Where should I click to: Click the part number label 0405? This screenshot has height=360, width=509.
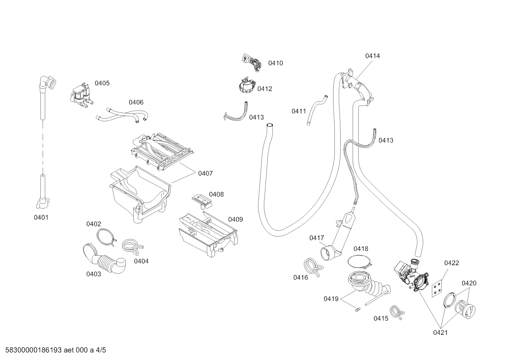pyautogui.click(x=102, y=83)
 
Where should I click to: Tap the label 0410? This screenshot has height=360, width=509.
pyautogui.click(x=275, y=63)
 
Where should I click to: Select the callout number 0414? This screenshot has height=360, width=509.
pyautogui.click(x=372, y=56)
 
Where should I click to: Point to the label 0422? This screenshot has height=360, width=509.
pyautogui.click(x=451, y=263)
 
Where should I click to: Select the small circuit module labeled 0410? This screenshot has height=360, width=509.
pyautogui.click(x=251, y=62)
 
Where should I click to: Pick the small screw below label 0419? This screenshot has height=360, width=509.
pyautogui.click(x=358, y=309)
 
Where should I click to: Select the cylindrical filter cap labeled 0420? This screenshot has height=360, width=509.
pyautogui.click(x=465, y=309)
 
